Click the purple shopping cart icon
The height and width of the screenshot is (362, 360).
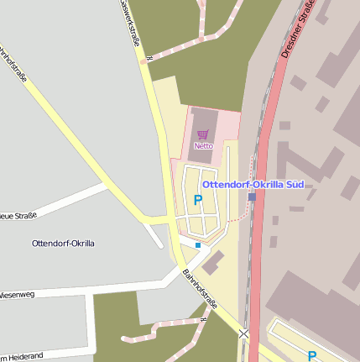(x=203, y=134)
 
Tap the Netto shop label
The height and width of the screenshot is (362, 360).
(x=203, y=145)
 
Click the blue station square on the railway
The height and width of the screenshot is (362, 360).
(x=252, y=197)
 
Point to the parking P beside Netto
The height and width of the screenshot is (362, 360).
(x=198, y=200)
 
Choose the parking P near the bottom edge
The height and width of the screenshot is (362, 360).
(x=312, y=356)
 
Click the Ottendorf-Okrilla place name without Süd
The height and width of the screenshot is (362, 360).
(x=62, y=244)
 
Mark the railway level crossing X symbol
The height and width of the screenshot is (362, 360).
(x=243, y=333)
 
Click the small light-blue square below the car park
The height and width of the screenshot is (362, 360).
(x=198, y=245)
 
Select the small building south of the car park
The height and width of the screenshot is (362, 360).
(x=213, y=262)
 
